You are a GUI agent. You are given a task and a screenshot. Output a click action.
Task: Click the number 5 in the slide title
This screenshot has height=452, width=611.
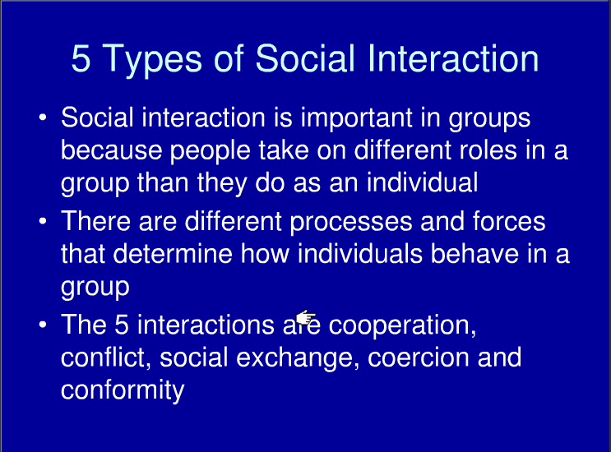tap(82, 60)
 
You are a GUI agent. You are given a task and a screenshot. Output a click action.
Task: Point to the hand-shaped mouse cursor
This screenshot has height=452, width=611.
tap(306, 318)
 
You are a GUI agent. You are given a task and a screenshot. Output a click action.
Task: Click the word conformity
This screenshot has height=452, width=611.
tap(122, 390)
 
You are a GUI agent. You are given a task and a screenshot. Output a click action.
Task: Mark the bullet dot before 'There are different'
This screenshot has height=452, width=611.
tap(43, 223)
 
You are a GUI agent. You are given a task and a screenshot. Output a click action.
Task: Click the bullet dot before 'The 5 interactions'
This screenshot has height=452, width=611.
tap(43, 325)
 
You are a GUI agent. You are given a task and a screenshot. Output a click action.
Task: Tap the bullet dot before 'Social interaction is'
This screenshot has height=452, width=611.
tap(43, 120)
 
